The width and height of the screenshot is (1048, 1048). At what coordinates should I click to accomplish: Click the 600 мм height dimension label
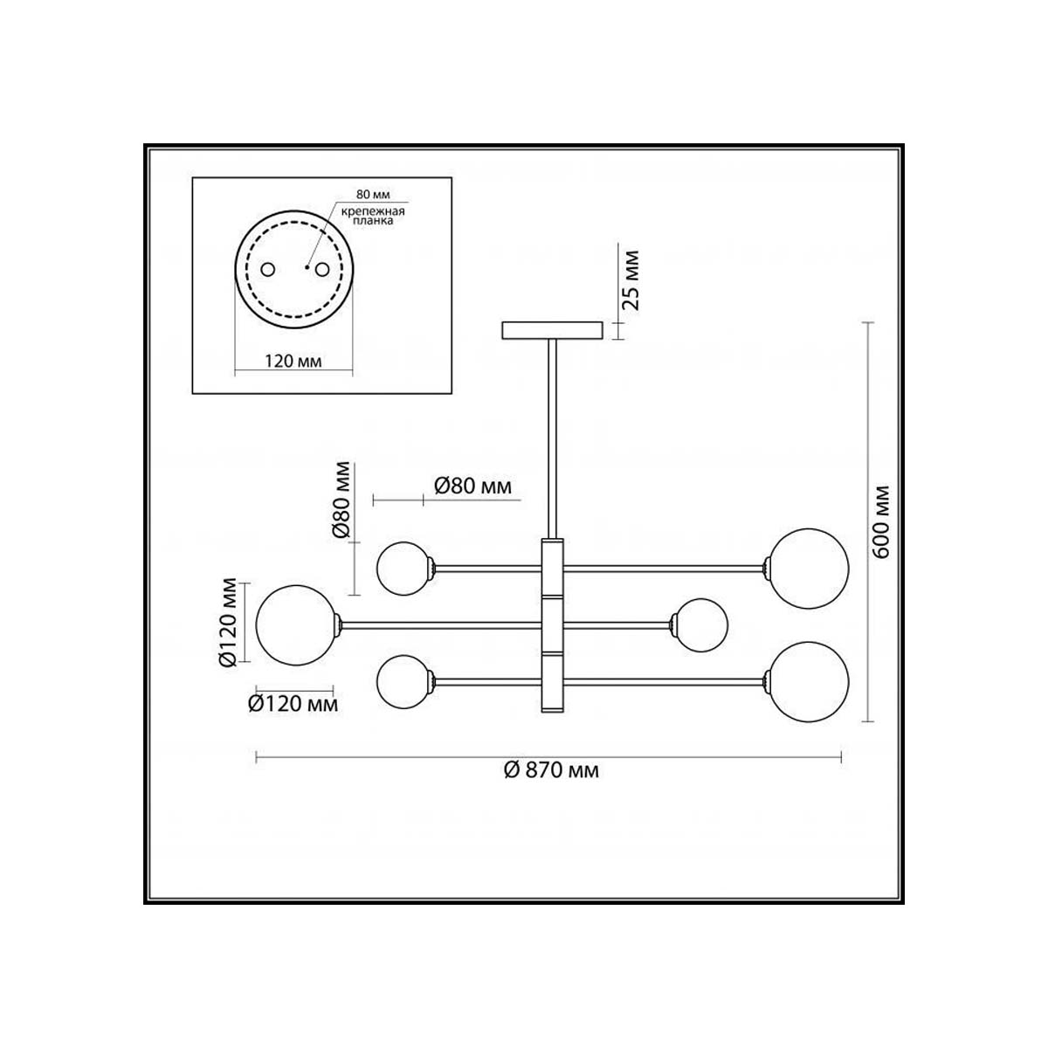[x=881, y=521]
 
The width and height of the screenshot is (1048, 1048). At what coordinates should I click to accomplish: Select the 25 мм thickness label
[x=631, y=279]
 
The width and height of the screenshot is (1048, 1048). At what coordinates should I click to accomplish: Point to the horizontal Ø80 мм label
[x=472, y=486]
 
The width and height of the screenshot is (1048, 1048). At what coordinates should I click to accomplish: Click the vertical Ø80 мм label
[x=342, y=500]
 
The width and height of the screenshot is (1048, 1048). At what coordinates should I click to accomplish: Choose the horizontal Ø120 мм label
[x=293, y=704]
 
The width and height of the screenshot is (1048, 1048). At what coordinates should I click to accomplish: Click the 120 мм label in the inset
[x=293, y=361]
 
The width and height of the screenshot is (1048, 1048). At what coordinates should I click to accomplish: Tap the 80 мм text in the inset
[x=373, y=194]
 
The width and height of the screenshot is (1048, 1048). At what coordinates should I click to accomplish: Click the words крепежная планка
[x=373, y=216]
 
